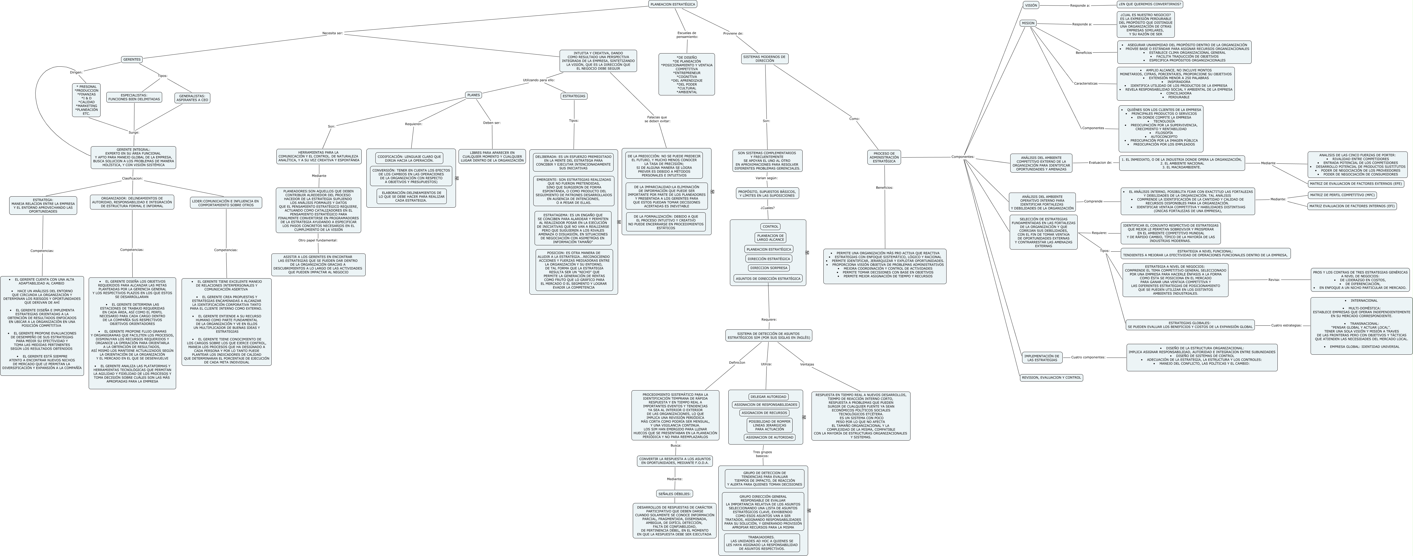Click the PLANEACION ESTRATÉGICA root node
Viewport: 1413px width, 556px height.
coord(673,4)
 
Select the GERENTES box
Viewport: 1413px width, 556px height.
coord(132,59)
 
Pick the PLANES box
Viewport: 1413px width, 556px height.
coord(473,95)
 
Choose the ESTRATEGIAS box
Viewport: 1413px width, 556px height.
coord(574,96)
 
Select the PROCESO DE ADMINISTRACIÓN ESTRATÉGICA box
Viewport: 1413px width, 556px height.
coord(884,158)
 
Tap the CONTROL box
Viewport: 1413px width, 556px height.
coord(770,227)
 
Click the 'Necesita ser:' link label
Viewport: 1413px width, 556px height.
coord(332,33)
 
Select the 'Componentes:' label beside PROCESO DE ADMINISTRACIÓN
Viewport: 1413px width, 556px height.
coord(963,157)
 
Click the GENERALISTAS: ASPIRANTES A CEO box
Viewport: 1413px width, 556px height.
coord(192,98)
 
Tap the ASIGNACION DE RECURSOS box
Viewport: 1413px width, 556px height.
coord(764,413)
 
